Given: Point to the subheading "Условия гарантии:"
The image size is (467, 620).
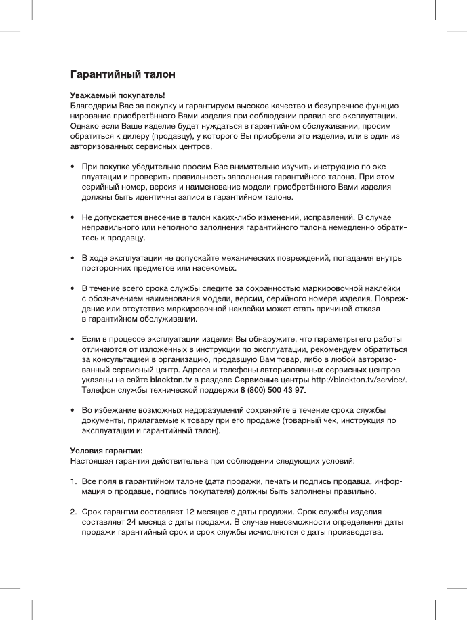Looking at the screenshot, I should (x=106, y=451).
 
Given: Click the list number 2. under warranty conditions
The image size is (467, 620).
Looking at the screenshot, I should (x=74, y=512).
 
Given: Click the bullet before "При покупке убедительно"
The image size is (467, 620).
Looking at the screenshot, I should (x=73, y=166).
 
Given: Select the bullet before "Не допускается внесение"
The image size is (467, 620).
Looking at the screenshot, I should (x=73, y=217).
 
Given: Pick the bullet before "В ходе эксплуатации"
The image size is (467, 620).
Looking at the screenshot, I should (x=73, y=259).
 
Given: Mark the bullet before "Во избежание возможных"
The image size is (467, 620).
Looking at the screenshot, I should (x=73, y=411).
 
